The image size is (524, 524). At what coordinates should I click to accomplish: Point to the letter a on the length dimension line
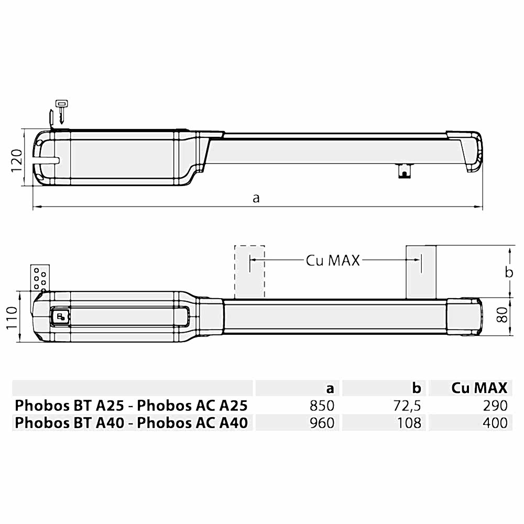(256, 198)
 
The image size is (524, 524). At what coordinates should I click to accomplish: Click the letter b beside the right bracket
(508, 272)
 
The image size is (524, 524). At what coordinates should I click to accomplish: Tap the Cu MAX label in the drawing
(333, 260)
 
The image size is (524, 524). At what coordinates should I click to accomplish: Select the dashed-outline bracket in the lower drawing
(249, 271)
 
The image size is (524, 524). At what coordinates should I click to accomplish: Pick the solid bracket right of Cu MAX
(421, 271)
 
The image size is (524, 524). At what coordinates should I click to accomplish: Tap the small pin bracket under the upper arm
(403, 170)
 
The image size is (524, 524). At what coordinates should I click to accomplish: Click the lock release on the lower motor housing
(60, 316)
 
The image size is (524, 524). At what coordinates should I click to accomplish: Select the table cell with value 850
(322, 406)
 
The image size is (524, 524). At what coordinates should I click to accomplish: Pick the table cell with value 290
(495, 406)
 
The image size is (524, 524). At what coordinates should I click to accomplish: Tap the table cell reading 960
(322, 422)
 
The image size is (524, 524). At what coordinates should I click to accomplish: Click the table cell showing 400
(495, 422)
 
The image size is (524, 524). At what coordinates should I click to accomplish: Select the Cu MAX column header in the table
(479, 388)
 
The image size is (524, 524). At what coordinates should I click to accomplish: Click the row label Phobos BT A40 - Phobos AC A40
(132, 422)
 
